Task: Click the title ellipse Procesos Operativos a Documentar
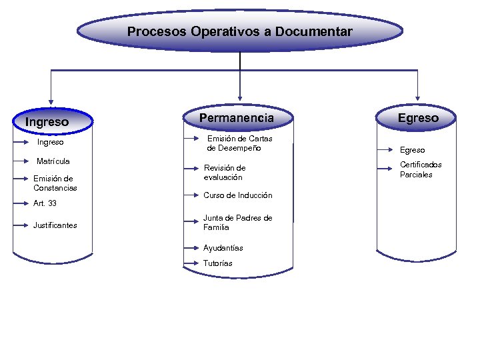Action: (240, 31)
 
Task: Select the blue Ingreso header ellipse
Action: (51, 121)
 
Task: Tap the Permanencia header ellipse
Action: (237, 118)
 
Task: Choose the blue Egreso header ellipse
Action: (418, 118)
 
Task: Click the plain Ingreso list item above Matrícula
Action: (51, 142)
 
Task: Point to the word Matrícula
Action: (53, 161)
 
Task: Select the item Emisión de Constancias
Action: (55, 183)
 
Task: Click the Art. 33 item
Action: (45, 203)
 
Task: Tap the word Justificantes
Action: (55, 225)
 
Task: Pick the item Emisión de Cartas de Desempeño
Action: (239, 143)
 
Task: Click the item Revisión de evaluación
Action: (225, 173)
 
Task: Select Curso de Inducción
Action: (237, 195)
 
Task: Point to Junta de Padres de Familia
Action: (237, 223)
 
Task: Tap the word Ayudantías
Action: (223, 248)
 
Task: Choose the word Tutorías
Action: (218, 263)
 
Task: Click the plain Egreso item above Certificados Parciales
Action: (412, 151)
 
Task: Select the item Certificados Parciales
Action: (421, 170)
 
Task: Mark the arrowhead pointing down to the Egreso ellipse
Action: (418, 98)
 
